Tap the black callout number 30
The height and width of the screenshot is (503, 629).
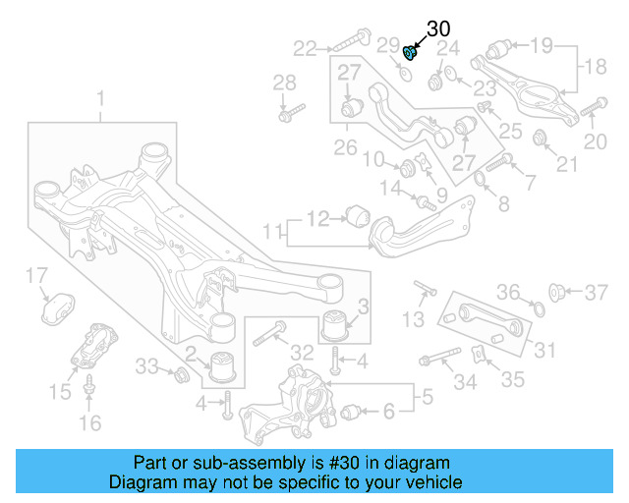[x=437, y=30]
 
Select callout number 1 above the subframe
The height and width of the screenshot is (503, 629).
[x=100, y=98]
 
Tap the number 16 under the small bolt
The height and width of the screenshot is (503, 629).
[x=89, y=423]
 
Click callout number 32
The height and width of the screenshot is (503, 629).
[x=302, y=353]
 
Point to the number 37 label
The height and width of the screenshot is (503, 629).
[x=598, y=292]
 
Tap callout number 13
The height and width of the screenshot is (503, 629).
[x=414, y=319]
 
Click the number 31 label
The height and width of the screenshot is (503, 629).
[x=544, y=349]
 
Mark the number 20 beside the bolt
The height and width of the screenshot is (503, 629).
[x=596, y=141]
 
